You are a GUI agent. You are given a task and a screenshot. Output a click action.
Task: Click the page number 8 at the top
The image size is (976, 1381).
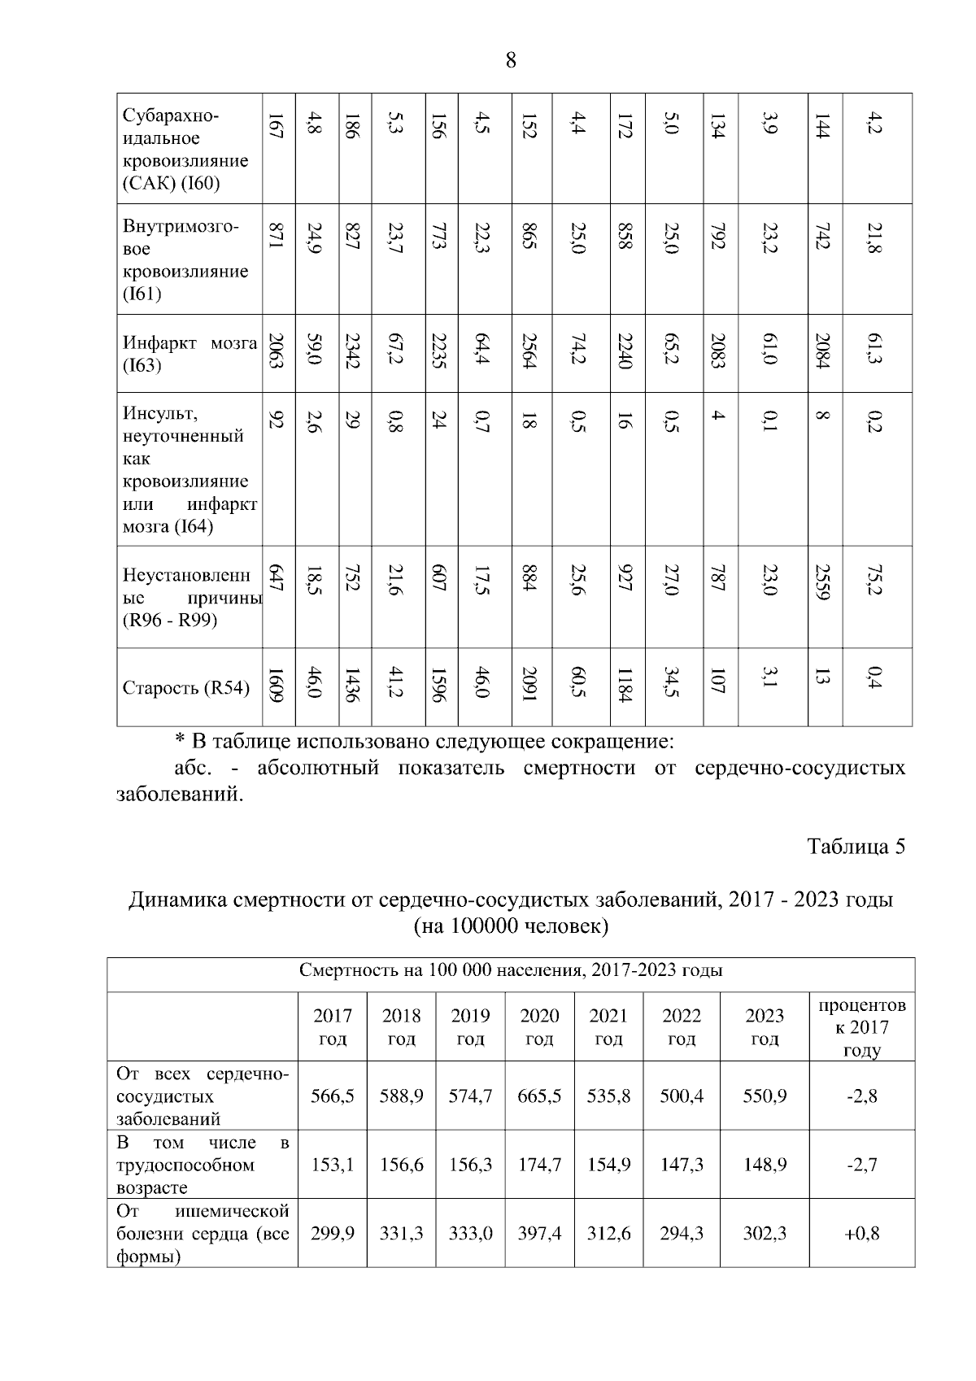click(x=511, y=60)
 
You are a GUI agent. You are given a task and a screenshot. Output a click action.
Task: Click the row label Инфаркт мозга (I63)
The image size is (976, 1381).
click(x=190, y=354)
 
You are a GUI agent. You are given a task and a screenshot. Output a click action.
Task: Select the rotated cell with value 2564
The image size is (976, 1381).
click(x=530, y=351)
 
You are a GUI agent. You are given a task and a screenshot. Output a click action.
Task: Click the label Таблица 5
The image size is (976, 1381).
click(x=856, y=847)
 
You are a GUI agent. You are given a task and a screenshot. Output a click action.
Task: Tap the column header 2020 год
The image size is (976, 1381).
click(x=539, y=1026)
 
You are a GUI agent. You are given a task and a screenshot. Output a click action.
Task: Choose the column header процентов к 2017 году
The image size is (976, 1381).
click(x=861, y=1027)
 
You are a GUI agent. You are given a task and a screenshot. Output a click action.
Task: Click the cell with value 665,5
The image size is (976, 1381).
click(x=539, y=1096)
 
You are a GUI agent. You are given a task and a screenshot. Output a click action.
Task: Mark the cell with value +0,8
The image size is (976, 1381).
click(x=861, y=1233)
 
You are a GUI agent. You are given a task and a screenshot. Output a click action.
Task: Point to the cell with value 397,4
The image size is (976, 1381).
click(x=539, y=1233)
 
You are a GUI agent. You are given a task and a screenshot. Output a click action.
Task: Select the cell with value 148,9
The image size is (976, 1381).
click(x=765, y=1165)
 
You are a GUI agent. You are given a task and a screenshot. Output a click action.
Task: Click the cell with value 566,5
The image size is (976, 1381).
click(x=332, y=1096)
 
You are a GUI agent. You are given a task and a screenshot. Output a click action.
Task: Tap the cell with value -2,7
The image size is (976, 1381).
click(x=861, y=1165)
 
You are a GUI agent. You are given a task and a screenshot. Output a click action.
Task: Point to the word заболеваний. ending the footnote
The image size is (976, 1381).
click(x=181, y=793)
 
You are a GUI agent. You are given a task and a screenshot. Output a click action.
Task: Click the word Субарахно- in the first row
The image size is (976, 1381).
click(x=171, y=116)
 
